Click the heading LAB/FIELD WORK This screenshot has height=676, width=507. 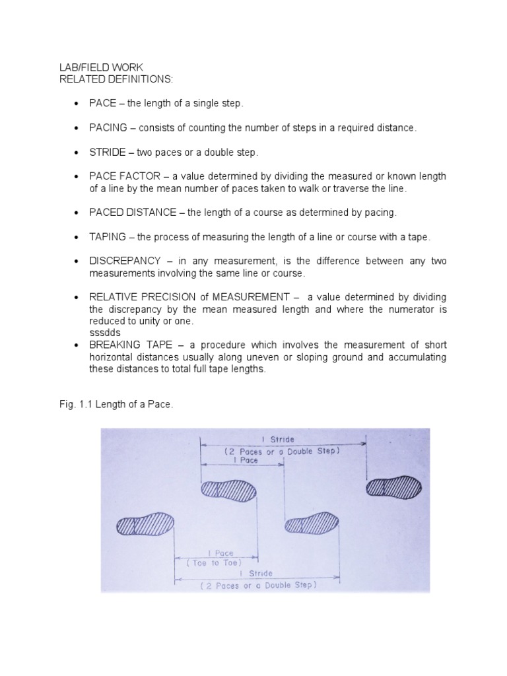90,68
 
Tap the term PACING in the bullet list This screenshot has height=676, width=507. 107,128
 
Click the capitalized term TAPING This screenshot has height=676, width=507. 105,236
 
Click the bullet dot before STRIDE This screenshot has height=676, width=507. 78,152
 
